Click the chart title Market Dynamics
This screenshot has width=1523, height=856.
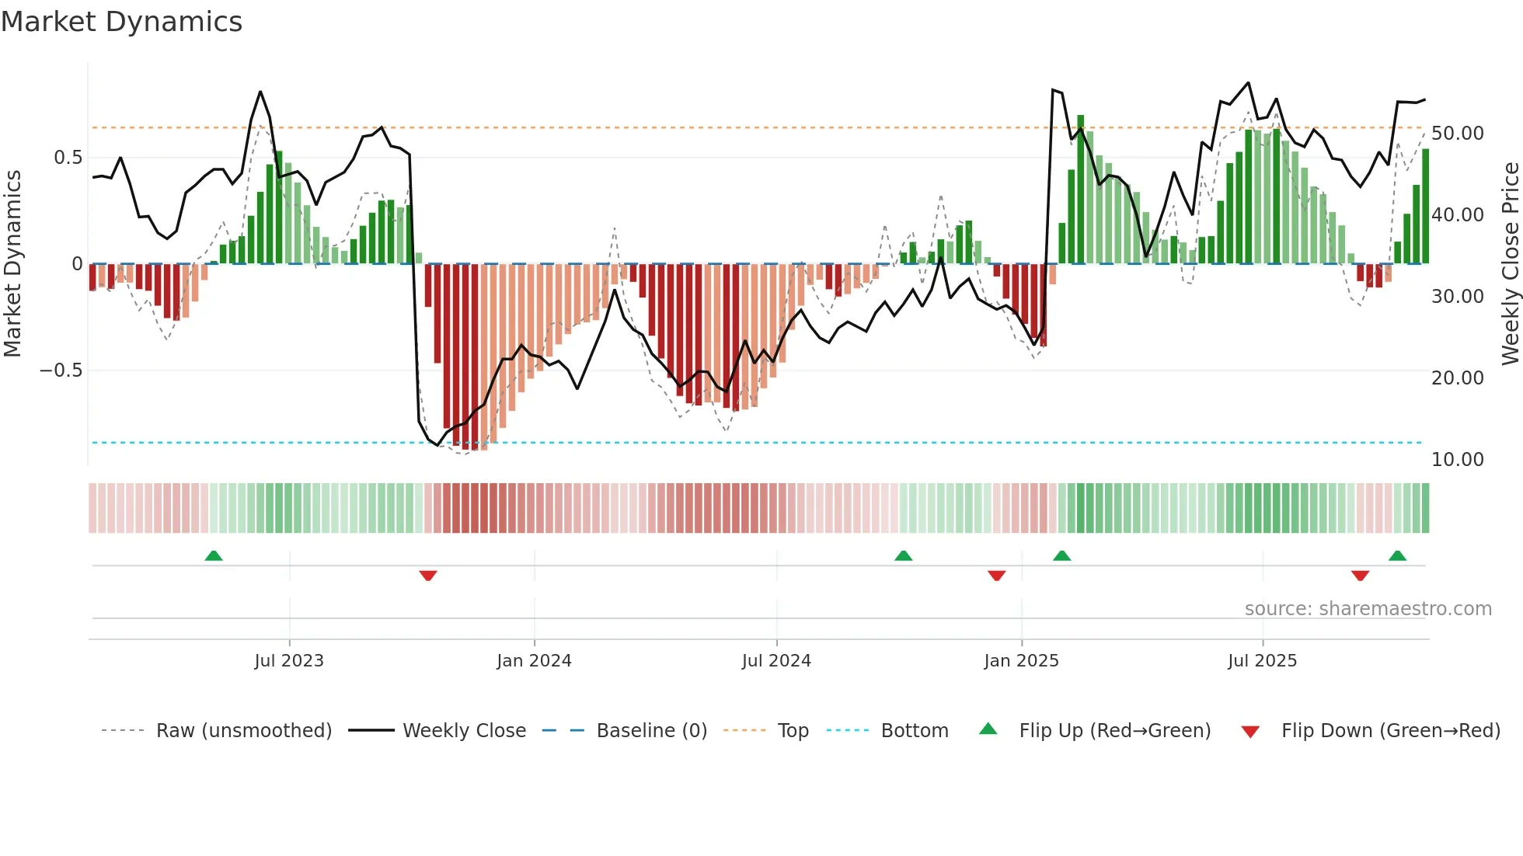click(121, 22)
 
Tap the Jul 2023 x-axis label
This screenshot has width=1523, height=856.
click(288, 660)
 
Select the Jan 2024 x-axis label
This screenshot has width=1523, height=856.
click(534, 660)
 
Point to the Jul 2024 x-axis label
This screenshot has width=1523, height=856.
click(776, 660)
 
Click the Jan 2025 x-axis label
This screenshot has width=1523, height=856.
click(1021, 660)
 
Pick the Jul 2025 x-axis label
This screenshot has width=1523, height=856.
click(1262, 660)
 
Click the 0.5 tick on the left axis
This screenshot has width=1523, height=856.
click(68, 158)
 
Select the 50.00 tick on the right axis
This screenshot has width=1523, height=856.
click(1457, 134)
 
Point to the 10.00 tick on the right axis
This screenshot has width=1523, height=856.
click(1457, 460)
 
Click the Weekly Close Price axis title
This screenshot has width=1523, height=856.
click(1510, 263)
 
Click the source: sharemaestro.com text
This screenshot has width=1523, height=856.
click(1368, 609)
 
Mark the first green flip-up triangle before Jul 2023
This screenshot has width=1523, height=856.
click(214, 555)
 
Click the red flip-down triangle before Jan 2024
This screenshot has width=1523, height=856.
click(428, 576)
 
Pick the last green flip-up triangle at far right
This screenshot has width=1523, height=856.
click(1397, 555)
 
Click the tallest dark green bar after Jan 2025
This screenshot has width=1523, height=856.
click(1080, 190)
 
